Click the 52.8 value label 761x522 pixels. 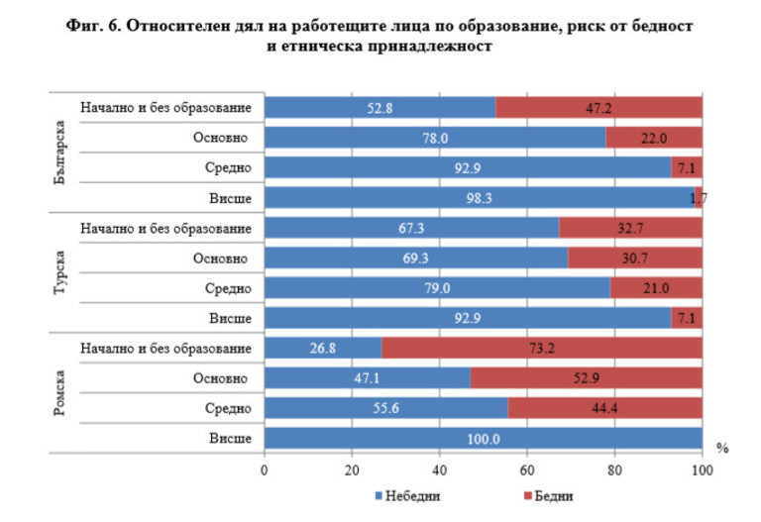pyautogui.click(x=380, y=108)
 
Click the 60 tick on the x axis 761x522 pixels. pyautogui.click(x=528, y=470)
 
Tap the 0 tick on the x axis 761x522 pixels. pyautogui.click(x=265, y=470)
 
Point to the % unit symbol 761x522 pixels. pyautogui.click(x=722, y=448)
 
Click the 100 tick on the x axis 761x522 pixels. pyautogui.click(x=703, y=470)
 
